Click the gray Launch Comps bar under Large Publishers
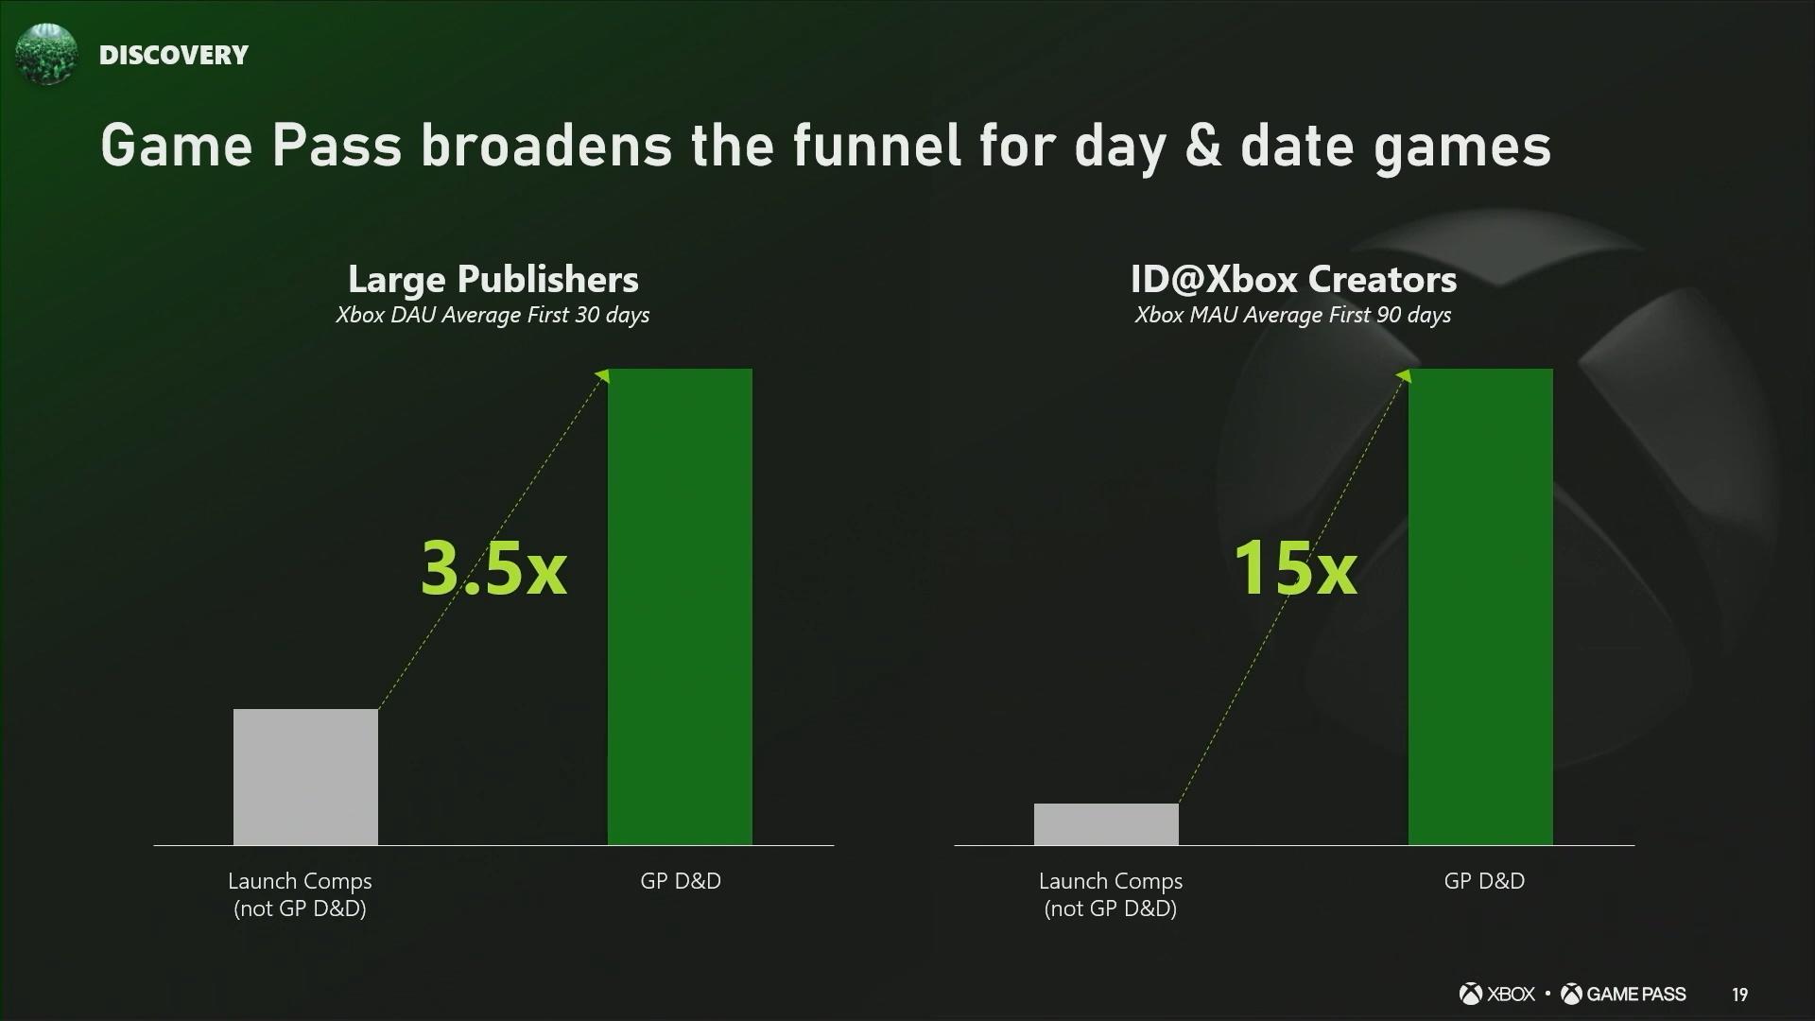[x=305, y=777]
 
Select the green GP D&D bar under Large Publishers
[x=680, y=607]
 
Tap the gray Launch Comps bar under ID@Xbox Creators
[x=1106, y=824]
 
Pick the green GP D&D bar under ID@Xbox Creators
[x=1480, y=607]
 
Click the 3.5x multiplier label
[x=493, y=568]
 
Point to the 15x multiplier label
[x=1295, y=568]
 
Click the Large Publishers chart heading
[x=493, y=279]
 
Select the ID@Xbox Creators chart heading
[x=1293, y=279]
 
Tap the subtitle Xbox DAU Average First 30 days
[x=493, y=315]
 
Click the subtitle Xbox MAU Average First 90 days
[x=1293, y=315]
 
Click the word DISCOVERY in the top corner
[x=174, y=55]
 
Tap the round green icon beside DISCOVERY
[x=45, y=54]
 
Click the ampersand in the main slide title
[x=1202, y=147]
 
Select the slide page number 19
[x=1739, y=995]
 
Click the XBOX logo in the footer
[x=1497, y=994]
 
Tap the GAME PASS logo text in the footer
[x=1623, y=994]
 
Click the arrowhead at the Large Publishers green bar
[x=604, y=376]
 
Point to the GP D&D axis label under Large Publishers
[x=681, y=881]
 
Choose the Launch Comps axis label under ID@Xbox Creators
[x=1111, y=894]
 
